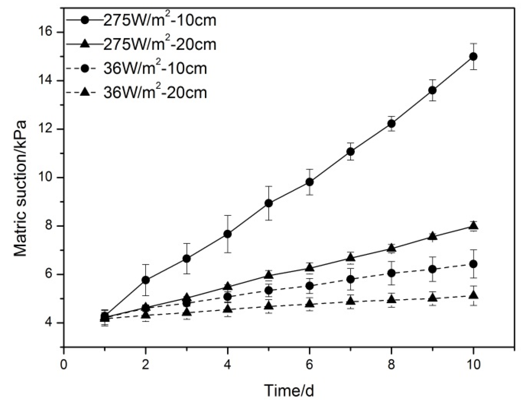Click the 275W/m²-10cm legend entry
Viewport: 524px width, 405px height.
140,20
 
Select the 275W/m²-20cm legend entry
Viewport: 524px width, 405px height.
140,44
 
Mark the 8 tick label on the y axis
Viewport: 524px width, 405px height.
49,226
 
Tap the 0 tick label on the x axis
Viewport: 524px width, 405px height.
64,365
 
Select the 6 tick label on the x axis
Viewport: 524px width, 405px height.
310,365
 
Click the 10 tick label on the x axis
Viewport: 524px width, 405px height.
473,365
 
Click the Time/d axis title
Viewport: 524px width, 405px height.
289,391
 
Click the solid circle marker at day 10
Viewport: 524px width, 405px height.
473,57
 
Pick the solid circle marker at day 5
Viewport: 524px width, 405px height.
269,203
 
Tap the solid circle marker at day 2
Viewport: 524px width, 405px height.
146,280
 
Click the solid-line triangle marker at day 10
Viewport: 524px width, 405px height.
473,226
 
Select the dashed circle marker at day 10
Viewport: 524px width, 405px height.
473,264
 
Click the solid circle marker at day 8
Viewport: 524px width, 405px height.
392,123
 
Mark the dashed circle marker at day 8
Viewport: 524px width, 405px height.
392,273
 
